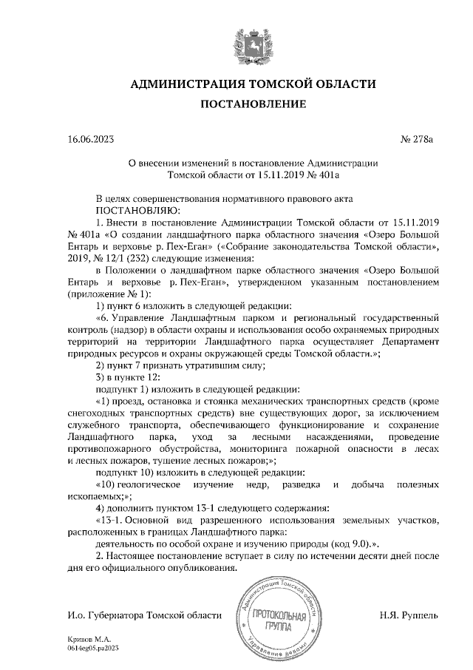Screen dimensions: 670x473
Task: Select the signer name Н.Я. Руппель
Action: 409,615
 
